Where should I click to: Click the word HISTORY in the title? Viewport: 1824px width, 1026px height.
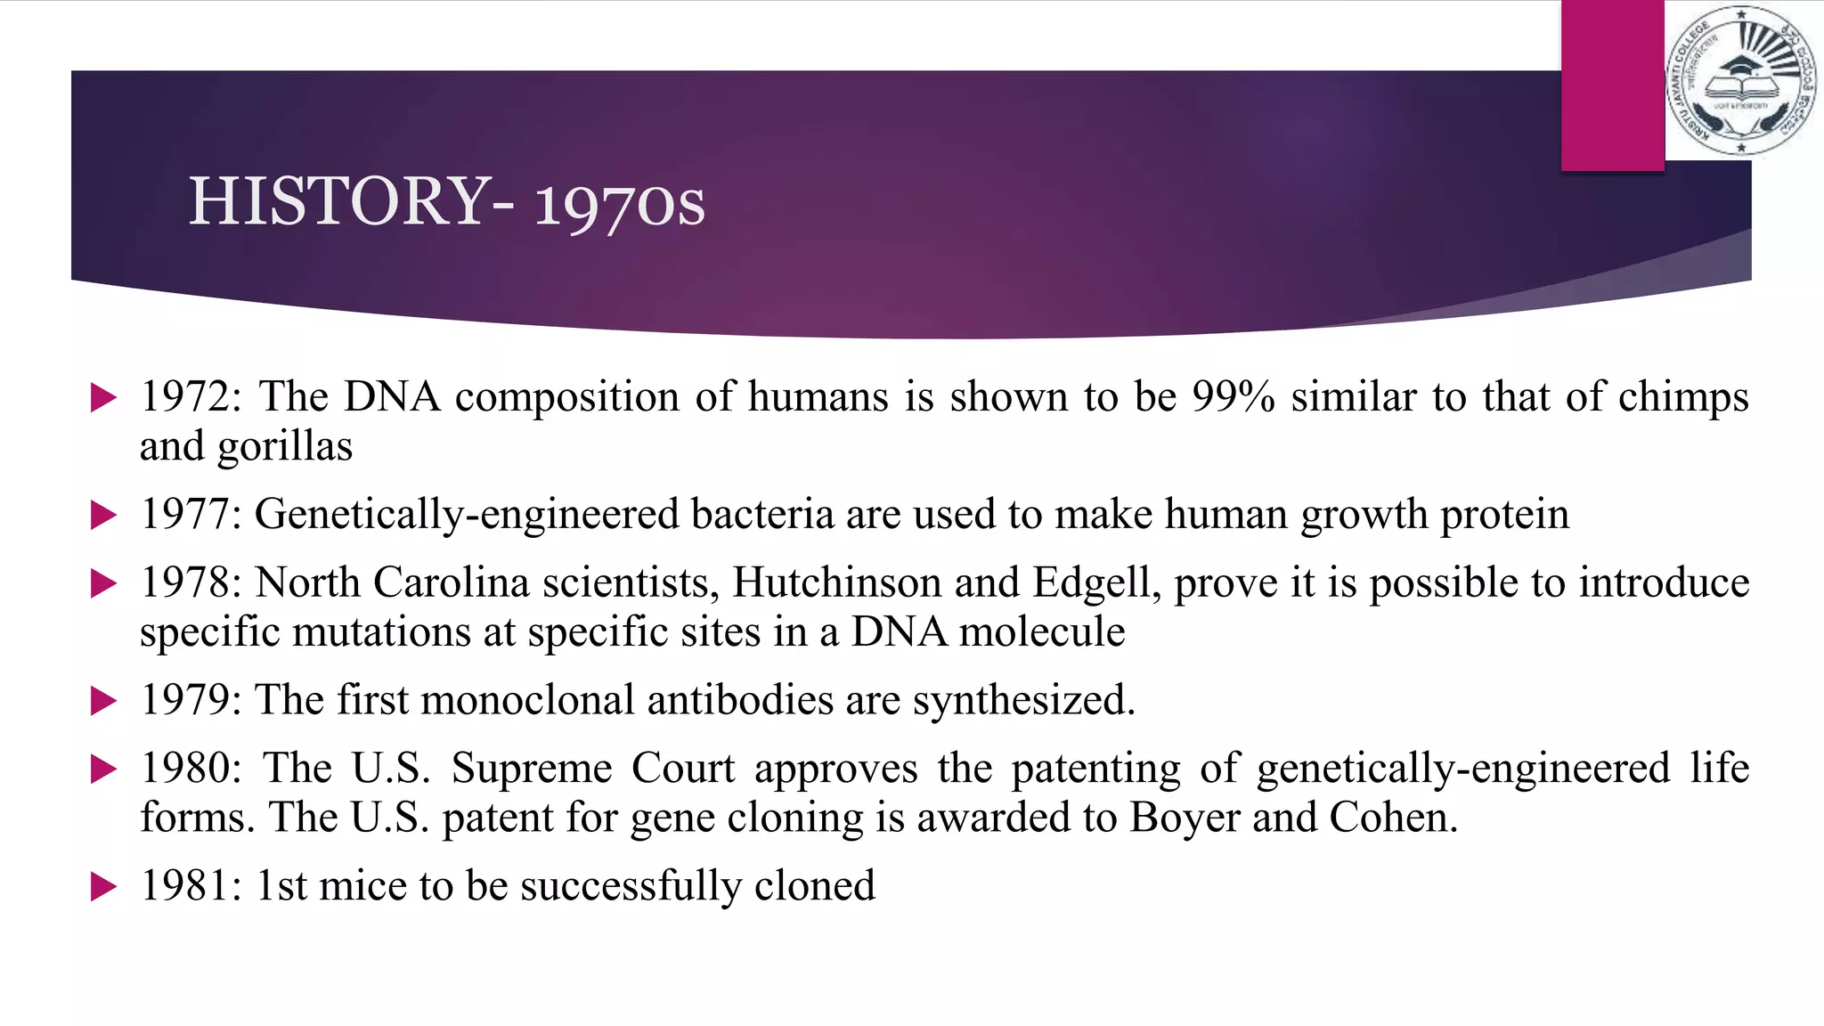coord(339,201)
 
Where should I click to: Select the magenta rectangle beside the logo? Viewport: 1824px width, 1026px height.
coord(1612,85)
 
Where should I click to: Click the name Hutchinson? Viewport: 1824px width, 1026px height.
coord(836,583)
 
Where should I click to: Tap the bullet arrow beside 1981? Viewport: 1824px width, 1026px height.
coord(103,887)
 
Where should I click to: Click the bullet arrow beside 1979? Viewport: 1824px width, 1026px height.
coord(103,702)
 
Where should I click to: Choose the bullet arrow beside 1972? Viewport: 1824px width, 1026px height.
coord(103,398)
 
